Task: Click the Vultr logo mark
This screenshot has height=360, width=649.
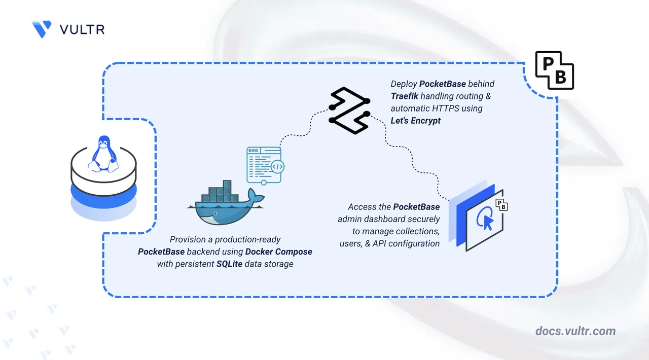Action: point(42,29)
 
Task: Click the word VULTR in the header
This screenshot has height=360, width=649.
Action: point(82,29)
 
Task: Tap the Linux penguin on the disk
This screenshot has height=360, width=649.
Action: point(103,153)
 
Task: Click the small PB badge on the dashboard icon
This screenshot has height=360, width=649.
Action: point(501,205)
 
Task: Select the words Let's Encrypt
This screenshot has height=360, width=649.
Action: point(416,121)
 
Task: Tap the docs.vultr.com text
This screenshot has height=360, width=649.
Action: point(575,331)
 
